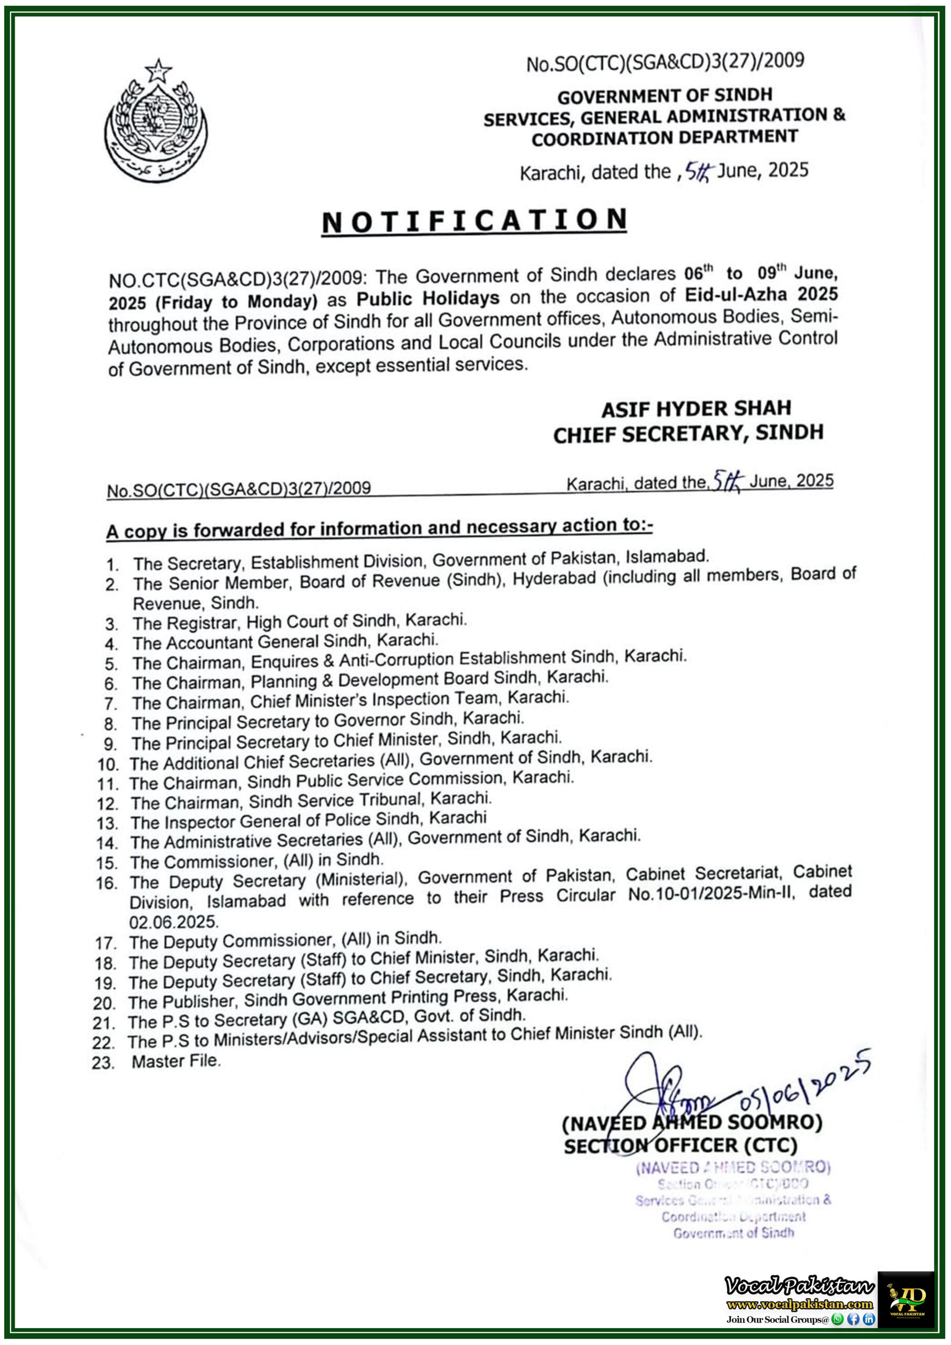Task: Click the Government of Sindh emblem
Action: coord(156,121)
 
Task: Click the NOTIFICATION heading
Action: coord(474,221)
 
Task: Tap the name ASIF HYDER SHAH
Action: coord(696,408)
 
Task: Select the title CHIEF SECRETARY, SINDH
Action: coord(688,433)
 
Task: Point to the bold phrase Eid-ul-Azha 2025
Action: coord(761,294)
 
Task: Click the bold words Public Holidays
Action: coord(428,299)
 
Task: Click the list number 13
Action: coord(108,824)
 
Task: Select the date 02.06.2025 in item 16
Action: coord(173,922)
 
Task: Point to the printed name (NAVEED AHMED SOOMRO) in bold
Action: coord(692,1123)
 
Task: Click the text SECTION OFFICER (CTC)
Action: coord(680,1146)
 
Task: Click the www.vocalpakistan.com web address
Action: coord(799,1304)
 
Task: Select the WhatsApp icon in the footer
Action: coord(838,1319)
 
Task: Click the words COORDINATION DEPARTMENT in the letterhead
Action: coord(665,138)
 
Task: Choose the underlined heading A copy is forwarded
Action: coord(379,529)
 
